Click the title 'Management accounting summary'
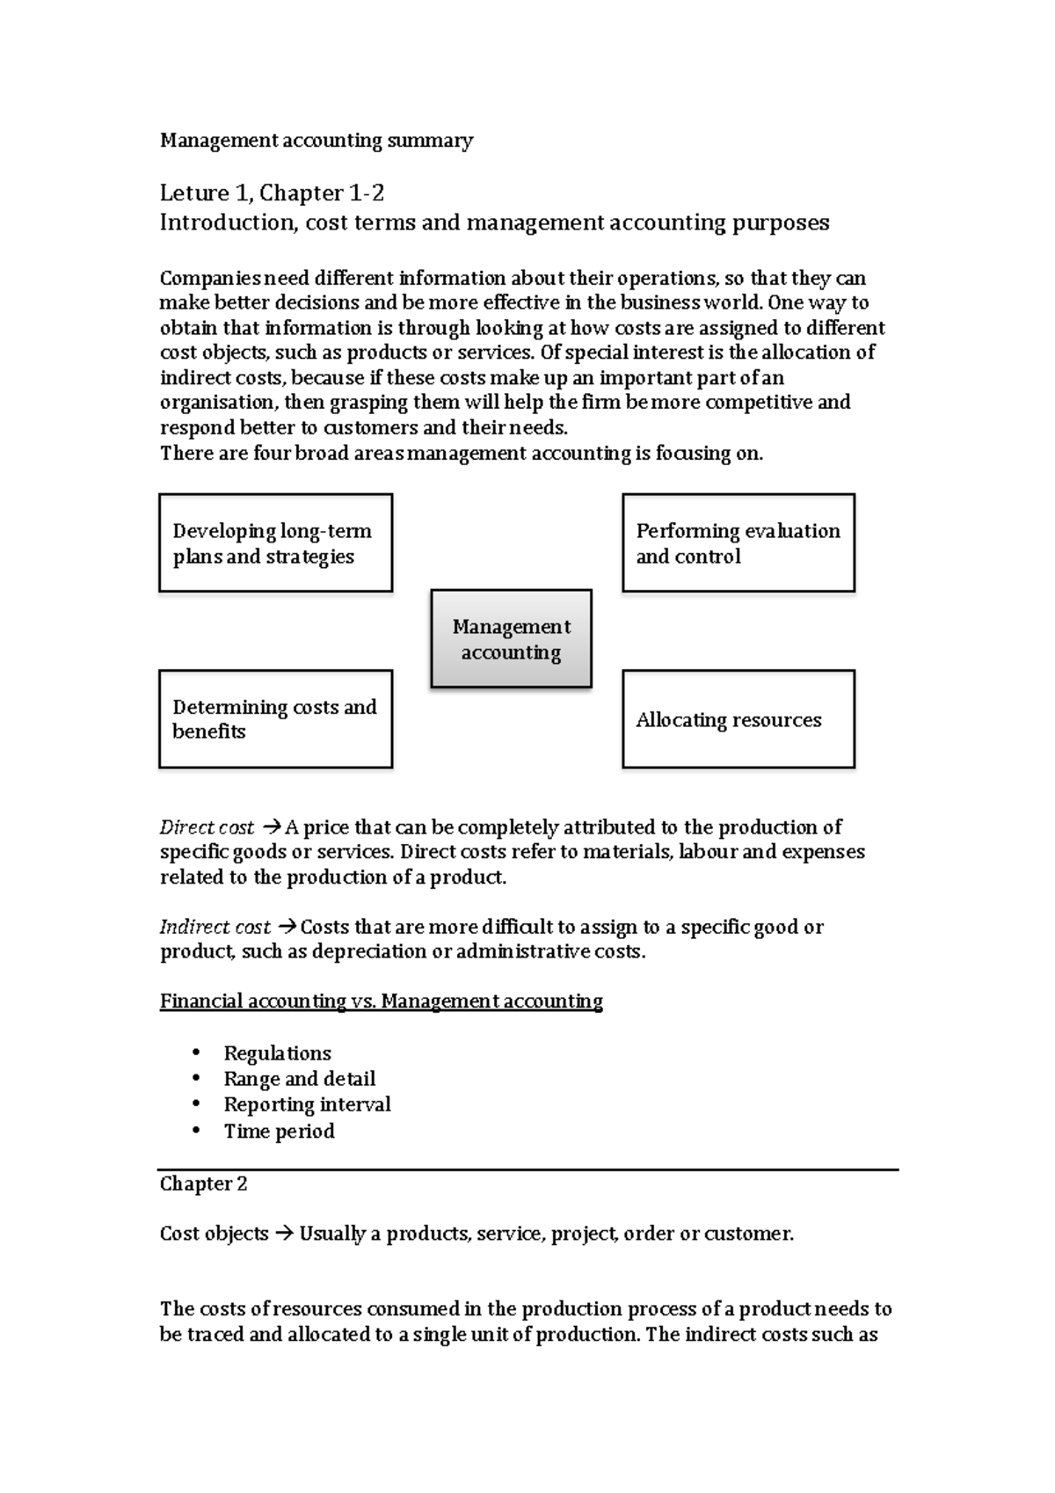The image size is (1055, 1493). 316,141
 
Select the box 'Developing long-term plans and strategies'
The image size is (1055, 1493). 275,543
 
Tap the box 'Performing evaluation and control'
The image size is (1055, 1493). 738,543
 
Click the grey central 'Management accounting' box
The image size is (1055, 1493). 511,638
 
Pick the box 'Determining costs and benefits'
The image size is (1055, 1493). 275,719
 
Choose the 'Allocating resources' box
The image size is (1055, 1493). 738,719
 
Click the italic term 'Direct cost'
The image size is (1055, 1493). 206,827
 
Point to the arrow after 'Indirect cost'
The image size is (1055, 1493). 287,927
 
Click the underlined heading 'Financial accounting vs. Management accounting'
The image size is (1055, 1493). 381,1001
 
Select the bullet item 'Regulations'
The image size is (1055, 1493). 277,1053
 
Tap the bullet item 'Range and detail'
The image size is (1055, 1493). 299,1079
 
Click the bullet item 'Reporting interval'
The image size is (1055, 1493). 307,1104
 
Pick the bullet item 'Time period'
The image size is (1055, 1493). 279,1131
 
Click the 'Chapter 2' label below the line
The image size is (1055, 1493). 203,1183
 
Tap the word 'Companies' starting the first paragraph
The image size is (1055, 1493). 210,279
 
